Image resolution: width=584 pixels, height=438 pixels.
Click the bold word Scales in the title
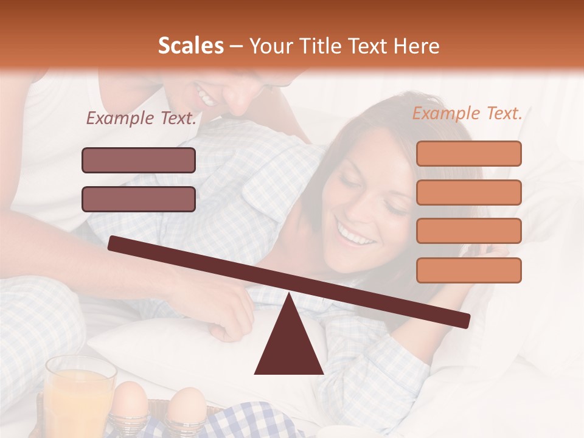pos(190,46)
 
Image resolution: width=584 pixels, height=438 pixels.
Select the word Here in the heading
pos(417,46)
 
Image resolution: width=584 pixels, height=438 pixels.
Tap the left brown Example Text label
pos(141,119)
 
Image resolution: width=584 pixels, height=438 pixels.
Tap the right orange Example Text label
pos(467,113)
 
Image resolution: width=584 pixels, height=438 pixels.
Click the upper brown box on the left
pos(139,160)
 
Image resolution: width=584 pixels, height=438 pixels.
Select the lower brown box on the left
pos(139,199)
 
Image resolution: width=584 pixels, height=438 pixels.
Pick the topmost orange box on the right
pos(468,153)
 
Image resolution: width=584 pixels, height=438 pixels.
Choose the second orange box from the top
pos(468,192)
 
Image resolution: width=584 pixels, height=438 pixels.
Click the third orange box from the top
pos(468,231)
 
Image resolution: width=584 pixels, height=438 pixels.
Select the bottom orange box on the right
pos(468,270)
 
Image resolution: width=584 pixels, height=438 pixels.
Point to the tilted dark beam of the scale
pos(289,279)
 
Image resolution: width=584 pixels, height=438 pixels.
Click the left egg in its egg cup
pos(130,401)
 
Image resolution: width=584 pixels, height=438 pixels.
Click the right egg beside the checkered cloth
pos(186,405)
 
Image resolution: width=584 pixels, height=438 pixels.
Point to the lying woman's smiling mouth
pos(356,235)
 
